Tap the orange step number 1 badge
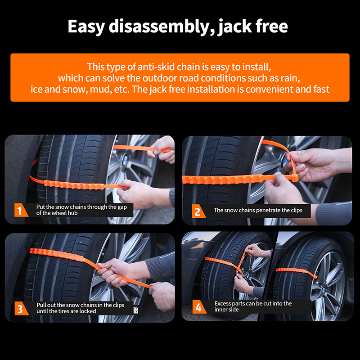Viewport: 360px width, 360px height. [20, 210]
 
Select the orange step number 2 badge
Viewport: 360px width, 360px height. [198, 211]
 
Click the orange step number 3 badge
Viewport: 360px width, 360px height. [20, 308]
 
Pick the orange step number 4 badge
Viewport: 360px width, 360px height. [199, 307]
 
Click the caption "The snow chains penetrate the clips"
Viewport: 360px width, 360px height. [258, 210]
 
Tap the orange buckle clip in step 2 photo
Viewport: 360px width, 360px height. [295, 178]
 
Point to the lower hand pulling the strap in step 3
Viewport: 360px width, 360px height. [162, 296]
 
